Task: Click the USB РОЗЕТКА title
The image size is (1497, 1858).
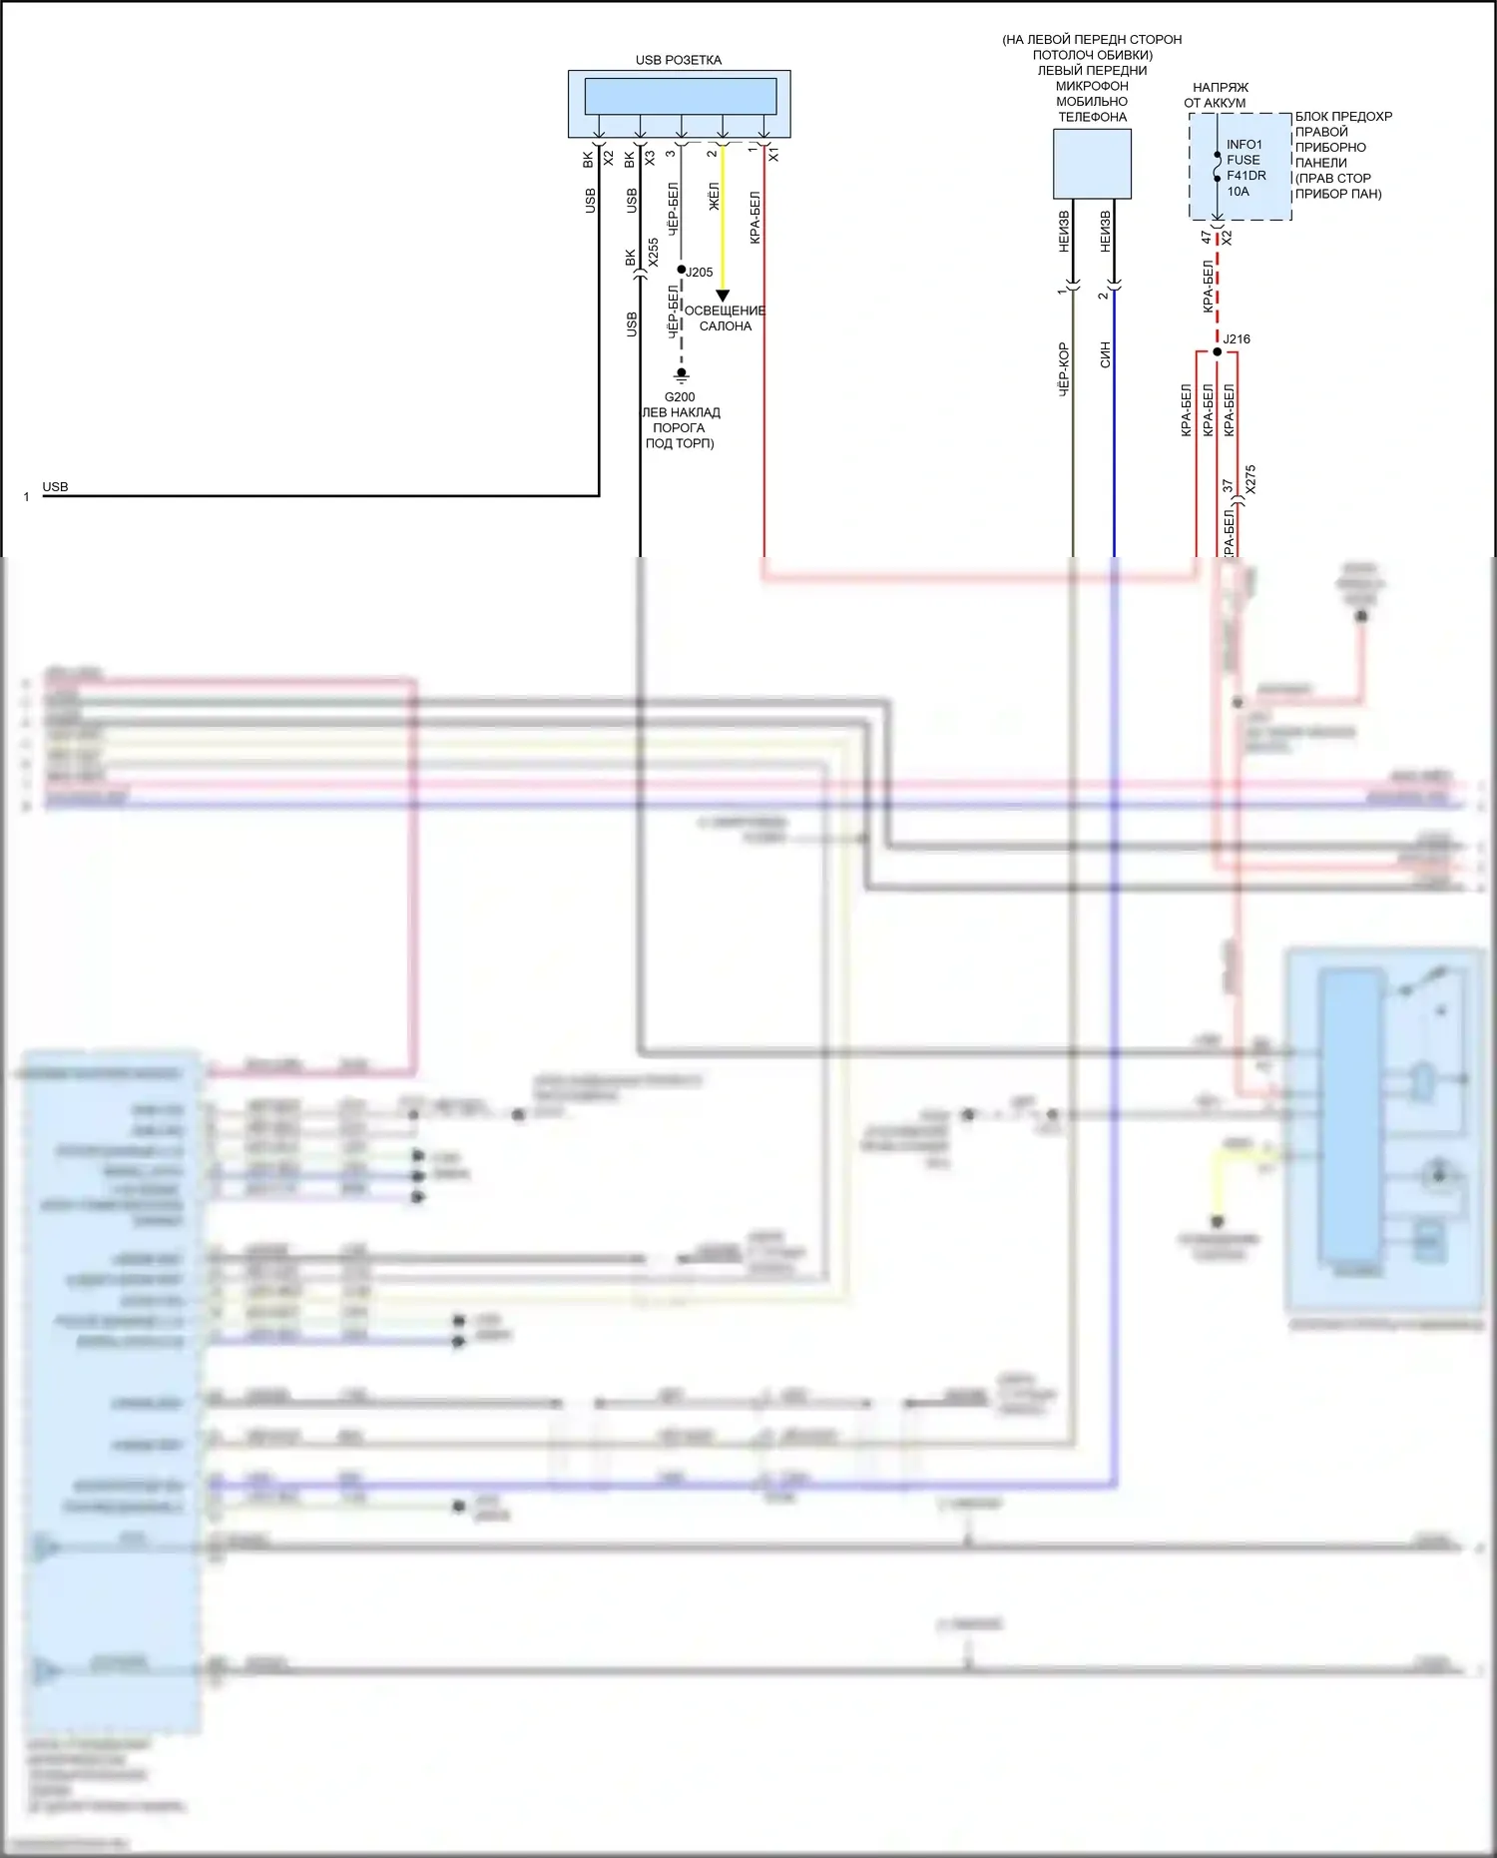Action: pos(678,60)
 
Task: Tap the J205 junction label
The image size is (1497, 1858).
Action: pos(699,272)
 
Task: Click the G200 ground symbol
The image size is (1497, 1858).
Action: pos(682,375)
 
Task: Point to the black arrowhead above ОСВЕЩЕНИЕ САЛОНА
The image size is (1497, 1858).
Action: pos(723,296)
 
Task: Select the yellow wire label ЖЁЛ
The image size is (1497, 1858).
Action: pos(714,196)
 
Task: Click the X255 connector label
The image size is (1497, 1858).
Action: pos(653,252)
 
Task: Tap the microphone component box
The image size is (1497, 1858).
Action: pos(1092,164)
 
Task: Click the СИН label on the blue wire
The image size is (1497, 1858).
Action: pos(1105,354)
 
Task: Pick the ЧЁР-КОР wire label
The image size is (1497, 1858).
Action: pos(1063,370)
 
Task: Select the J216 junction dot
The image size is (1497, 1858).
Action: pos(1217,351)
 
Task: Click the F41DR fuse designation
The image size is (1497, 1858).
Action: pos(1247,176)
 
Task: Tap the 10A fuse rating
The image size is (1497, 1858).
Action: pos(1238,192)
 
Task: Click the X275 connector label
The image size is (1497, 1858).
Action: pos(1250,479)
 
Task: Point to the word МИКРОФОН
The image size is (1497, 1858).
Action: pos(1092,86)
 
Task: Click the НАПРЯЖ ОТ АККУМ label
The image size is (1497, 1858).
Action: pos(1218,95)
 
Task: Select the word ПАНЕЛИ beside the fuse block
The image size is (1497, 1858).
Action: pos(1320,163)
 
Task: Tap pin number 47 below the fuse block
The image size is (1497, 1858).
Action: pos(1207,238)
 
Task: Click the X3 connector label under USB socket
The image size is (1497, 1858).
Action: pos(650,158)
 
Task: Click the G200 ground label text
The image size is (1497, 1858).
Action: pos(680,396)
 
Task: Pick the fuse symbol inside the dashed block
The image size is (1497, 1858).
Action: pos(1217,167)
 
